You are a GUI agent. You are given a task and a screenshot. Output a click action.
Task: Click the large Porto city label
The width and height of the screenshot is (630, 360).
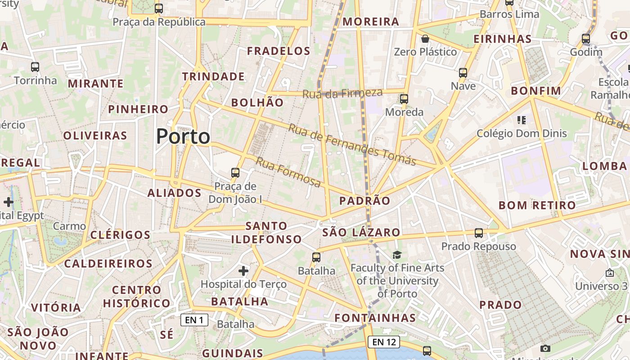pos(183,136)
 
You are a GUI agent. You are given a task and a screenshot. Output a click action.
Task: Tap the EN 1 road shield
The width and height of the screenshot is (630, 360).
pos(194,320)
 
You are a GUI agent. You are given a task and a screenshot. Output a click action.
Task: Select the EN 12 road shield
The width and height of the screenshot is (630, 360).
pos(384,342)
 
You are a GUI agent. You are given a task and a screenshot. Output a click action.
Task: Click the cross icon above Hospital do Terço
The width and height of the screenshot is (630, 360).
pos(243,270)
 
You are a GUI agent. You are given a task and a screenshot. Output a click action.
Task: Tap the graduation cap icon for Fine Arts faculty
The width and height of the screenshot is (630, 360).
pos(397,255)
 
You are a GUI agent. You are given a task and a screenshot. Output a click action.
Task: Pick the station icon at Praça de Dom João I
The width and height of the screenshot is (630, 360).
pos(235,172)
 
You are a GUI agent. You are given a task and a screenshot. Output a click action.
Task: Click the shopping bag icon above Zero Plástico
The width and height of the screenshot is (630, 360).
pos(425,39)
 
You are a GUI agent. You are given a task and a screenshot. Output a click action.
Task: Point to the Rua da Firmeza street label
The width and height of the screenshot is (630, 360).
pos(342,94)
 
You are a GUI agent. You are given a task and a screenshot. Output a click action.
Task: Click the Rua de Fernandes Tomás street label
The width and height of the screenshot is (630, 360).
pos(352,144)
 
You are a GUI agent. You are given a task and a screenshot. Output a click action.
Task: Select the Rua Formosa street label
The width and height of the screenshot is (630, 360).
pos(288,172)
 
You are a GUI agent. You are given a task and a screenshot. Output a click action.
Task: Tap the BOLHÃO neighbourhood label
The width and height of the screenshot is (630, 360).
pos(257,103)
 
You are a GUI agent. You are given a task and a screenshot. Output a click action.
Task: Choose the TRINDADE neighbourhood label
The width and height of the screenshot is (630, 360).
pos(213,76)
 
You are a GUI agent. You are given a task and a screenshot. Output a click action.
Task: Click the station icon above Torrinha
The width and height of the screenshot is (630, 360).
pos(35,67)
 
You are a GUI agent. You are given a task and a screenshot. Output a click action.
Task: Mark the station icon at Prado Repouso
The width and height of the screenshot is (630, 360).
pos(479,233)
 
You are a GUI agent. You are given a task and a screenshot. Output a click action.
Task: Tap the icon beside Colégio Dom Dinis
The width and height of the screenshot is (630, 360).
pos(522,120)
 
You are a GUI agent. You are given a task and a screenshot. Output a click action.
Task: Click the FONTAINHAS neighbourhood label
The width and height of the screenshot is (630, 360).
pos(375,318)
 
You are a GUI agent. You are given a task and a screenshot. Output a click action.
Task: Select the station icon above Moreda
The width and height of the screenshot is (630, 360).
pos(404,99)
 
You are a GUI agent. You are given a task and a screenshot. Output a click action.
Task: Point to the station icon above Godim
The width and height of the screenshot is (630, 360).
pos(586,39)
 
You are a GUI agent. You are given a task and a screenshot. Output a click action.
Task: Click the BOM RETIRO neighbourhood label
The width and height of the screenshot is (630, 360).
pos(537,206)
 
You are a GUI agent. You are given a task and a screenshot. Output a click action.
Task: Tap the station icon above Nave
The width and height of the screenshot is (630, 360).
pos(463,73)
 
